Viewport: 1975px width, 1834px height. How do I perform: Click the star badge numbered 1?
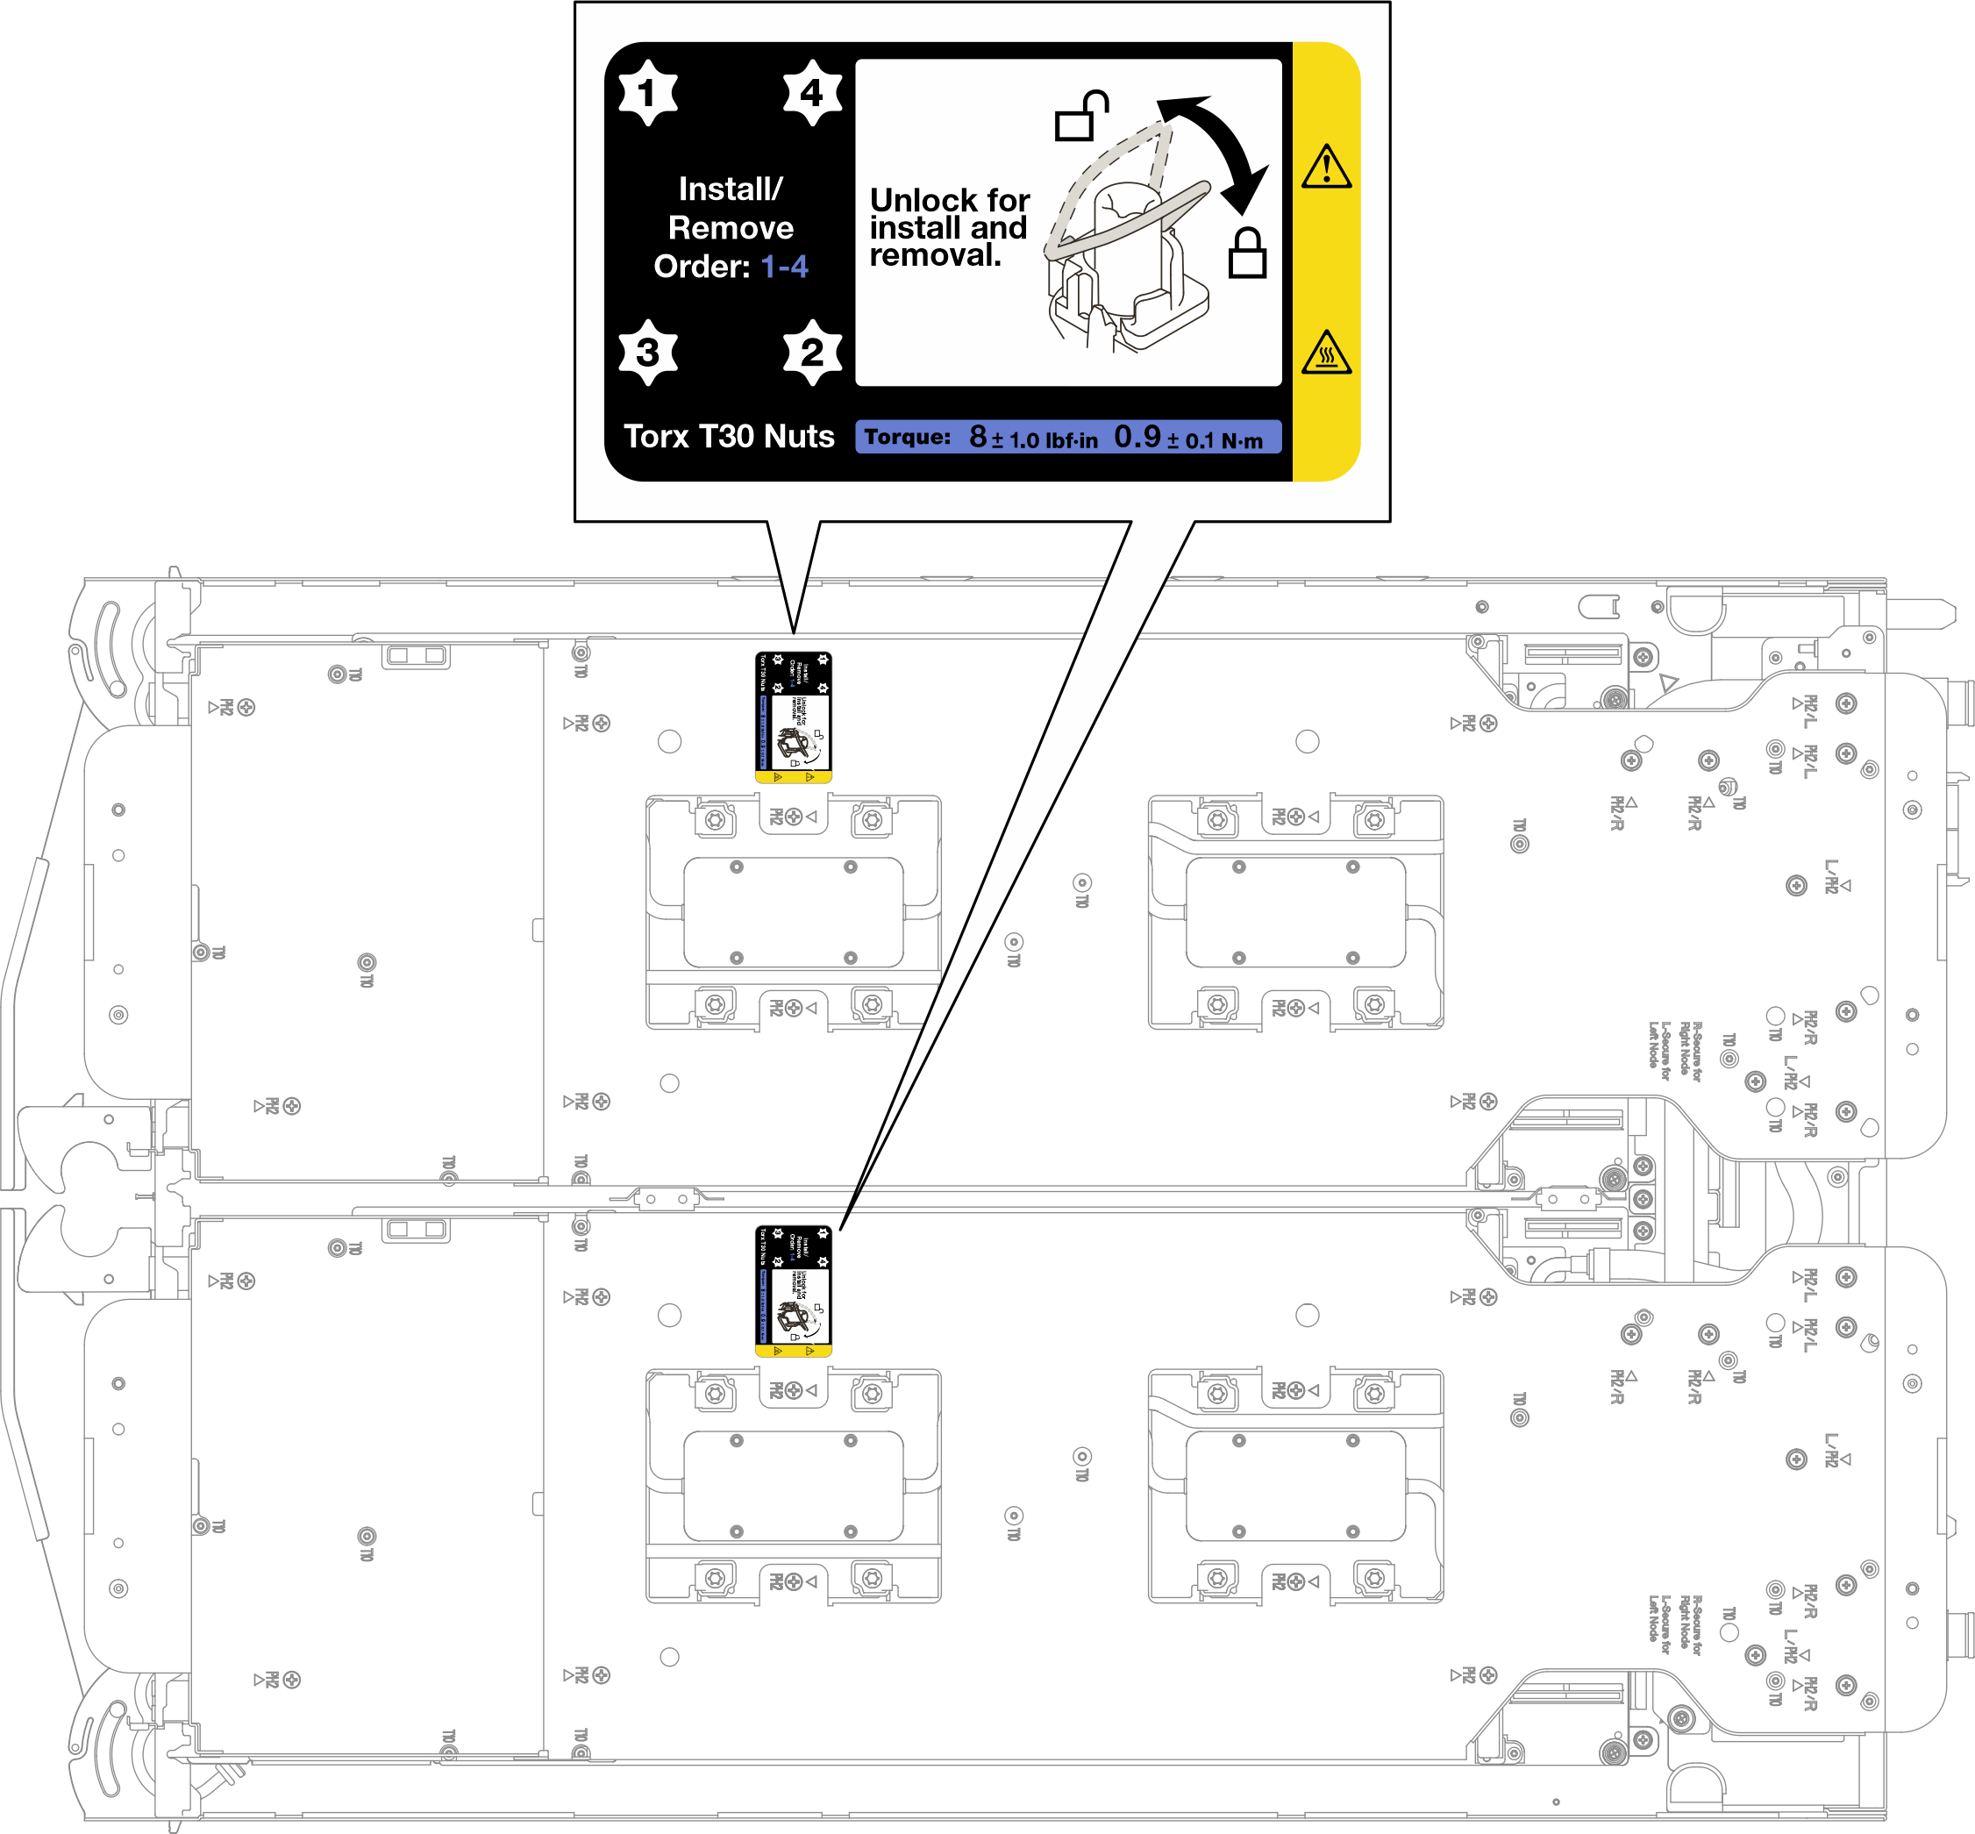pyautogui.click(x=647, y=92)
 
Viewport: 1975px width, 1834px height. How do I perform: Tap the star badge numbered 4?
pyautogui.click(x=812, y=92)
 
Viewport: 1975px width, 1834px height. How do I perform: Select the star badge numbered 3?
pyautogui.click(x=647, y=352)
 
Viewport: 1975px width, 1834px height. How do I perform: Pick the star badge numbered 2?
pyautogui.click(x=812, y=352)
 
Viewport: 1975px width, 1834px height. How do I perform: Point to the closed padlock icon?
pyautogui.click(x=1246, y=253)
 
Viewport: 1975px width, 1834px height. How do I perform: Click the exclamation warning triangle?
pyautogui.click(x=1326, y=167)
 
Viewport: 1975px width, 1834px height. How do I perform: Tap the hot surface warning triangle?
pyautogui.click(x=1326, y=353)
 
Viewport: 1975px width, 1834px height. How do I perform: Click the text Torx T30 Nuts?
pyautogui.click(x=729, y=437)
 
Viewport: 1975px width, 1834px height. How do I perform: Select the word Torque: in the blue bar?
pyautogui.click(x=907, y=438)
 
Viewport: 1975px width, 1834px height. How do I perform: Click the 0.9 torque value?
pyautogui.click(x=1137, y=437)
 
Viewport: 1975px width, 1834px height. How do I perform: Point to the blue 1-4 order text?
pyautogui.click(x=784, y=267)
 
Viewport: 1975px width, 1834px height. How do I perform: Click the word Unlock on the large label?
pyautogui.click(x=914, y=201)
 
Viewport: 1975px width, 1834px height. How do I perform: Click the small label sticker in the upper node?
pyautogui.click(x=793, y=717)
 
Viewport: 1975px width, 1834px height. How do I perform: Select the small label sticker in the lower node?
pyautogui.click(x=793, y=1290)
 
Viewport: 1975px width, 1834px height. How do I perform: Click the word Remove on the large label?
pyautogui.click(x=731, y=228)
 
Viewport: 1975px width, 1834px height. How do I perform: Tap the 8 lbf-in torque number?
pyautogui.click(x=979, y=437)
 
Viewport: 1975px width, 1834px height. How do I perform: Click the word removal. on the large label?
pyautogui.click(x=935, y=256)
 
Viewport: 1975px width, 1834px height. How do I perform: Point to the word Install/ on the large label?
pyautogui.click(x=731, y=189)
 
